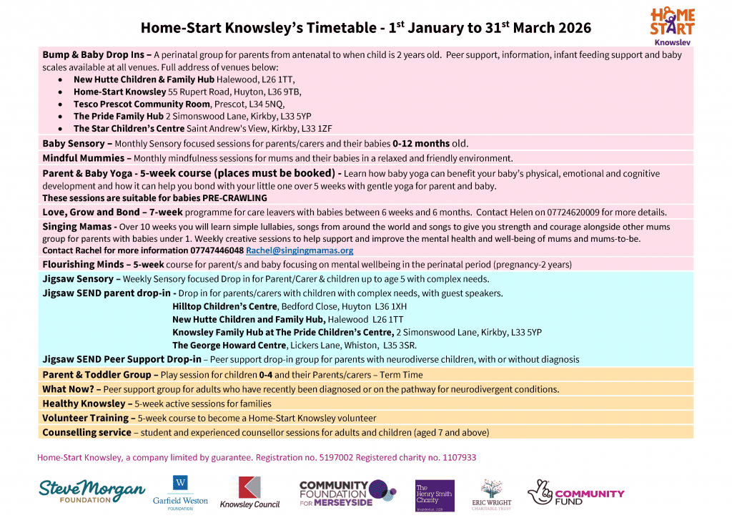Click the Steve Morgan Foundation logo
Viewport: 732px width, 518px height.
(x=91, y=491)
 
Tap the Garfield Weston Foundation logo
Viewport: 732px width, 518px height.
(x=179, y=492)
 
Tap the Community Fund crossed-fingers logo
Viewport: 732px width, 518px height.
(x=575, y=493)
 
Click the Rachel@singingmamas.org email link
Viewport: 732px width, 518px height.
(x=300, y=250)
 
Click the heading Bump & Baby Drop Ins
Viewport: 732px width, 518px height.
(x=97, y=54)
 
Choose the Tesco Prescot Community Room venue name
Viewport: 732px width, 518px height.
(x=142, y=104)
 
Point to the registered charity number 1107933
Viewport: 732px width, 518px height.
(x=455, y=457)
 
